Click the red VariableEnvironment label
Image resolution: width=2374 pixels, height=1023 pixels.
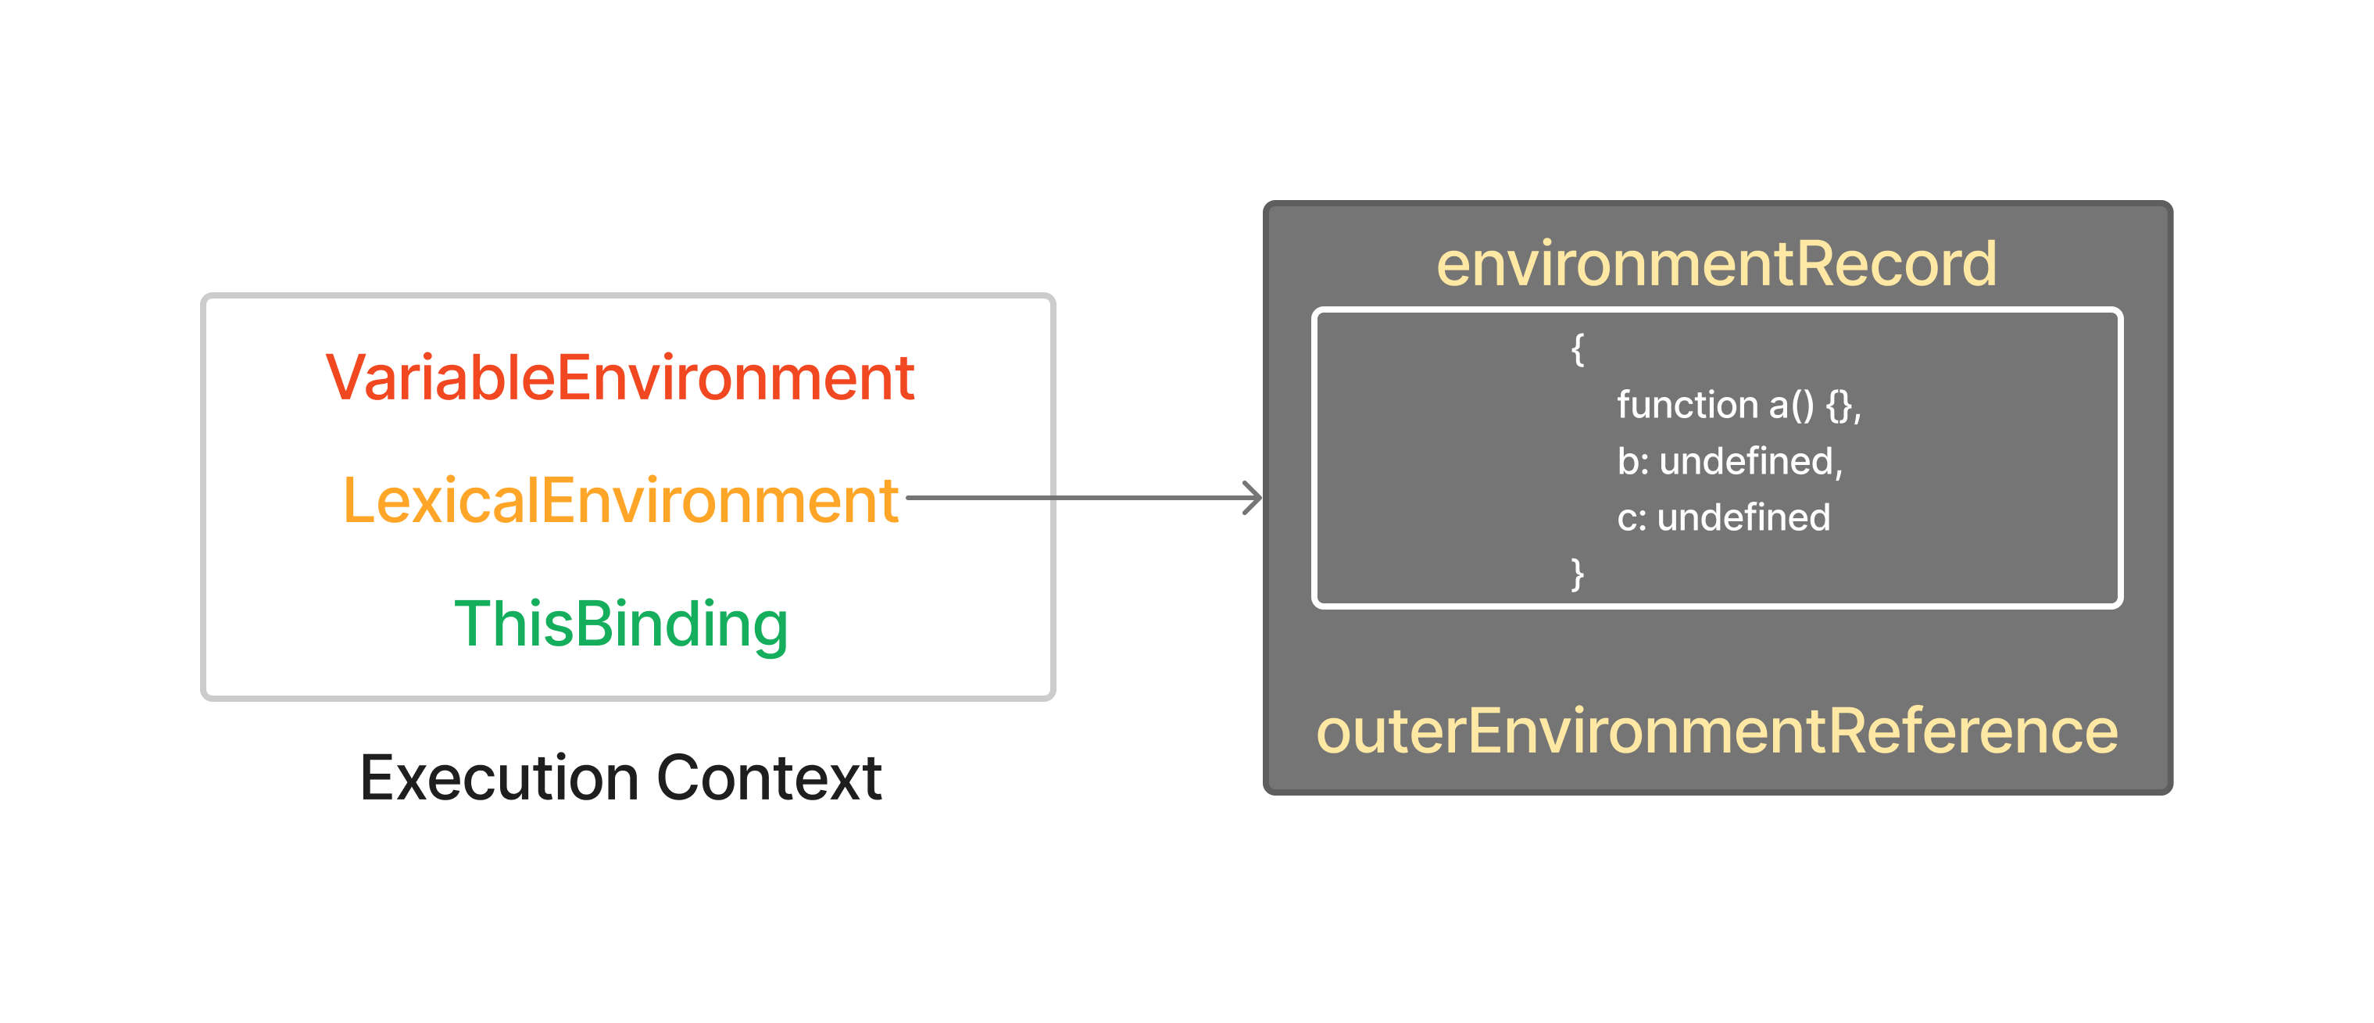tap(620, 378)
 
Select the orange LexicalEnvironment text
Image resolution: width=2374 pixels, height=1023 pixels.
tap(620, 500)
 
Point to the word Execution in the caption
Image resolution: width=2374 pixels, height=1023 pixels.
tap(499, 778)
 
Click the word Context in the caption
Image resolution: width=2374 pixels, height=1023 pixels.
tap(770, 778)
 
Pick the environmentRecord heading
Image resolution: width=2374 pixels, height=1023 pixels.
tap(1717, 263)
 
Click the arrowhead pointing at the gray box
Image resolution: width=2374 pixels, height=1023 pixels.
tap(1253, 499)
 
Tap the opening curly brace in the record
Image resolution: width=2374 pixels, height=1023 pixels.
tap(1578, 349)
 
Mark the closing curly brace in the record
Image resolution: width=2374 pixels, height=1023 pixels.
tap(1578, 574)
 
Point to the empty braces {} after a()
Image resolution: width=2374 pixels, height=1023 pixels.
tap(1839, 406)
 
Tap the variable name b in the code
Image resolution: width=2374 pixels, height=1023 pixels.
tap(1628, 461)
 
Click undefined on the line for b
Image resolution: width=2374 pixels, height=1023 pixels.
tap(1749, 462)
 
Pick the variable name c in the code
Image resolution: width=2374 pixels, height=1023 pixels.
tap(1627, 519)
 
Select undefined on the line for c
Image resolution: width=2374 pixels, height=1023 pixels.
tap(1743, 517)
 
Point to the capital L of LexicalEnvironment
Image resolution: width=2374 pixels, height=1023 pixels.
tap(358, 500)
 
